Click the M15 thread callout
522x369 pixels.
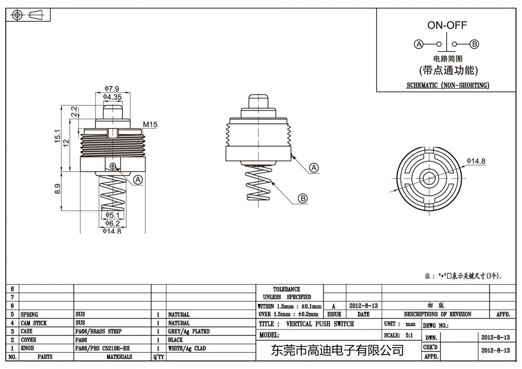point(150,125)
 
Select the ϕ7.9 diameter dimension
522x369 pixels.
point(112,89)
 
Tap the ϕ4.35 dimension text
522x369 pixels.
point(113,97)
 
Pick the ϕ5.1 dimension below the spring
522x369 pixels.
point(113,215)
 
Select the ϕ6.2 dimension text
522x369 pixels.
point(113,223)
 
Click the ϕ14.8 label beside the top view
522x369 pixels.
point(476,161)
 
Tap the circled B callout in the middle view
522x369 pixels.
point(303,198)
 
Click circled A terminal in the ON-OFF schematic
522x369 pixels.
point(418,44)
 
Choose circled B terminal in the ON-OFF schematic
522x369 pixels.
point(474,44)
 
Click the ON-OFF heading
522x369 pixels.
point(447,25)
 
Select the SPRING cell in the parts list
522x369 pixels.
point(29,315)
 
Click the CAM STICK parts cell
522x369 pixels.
point(34,323)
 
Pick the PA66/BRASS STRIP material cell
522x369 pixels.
point(98,331)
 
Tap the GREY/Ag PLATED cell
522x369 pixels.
point(189,331)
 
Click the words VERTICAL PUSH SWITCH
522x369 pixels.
point(320,324)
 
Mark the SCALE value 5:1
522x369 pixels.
point(409,335)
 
